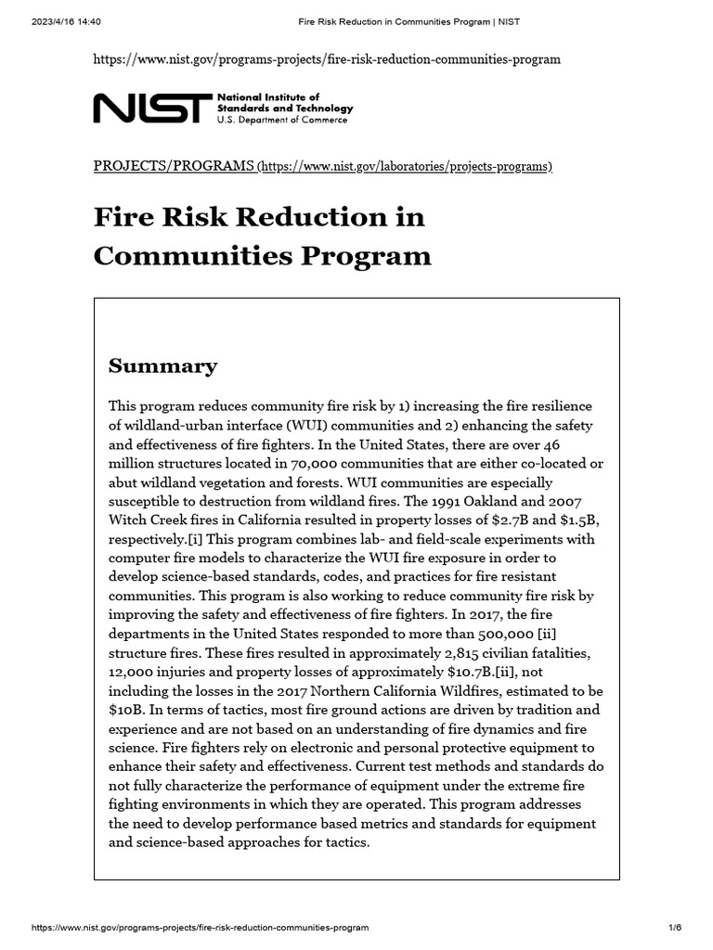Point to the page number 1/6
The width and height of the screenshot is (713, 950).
[x=674, y=927]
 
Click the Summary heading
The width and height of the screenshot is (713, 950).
[x=163, y=366]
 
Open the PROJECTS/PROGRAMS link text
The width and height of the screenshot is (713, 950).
[x=174, y=166]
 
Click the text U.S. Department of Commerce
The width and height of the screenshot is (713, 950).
[x=282, y=121]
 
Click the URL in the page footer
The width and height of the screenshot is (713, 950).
[x=200, y=927]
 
